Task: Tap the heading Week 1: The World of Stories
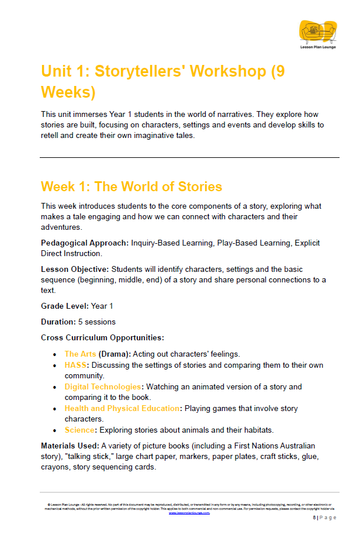pos(131,187)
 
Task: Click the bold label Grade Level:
pos(64,306)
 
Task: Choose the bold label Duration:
pos(58,322)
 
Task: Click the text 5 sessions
pos(96,322)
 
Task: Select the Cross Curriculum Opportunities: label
pos(102,337)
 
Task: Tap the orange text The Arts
pos(80,354)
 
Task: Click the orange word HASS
pos(75,365)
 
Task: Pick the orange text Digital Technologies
pos(103,386)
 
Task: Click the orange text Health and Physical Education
pos(122,408)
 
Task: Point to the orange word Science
pos(79,430)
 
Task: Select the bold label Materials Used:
pos(65,446)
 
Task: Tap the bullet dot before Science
pos(54,430)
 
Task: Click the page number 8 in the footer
pos(314,517)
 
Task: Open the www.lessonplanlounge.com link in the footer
pos(189,512)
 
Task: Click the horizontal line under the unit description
pos(189,157)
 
